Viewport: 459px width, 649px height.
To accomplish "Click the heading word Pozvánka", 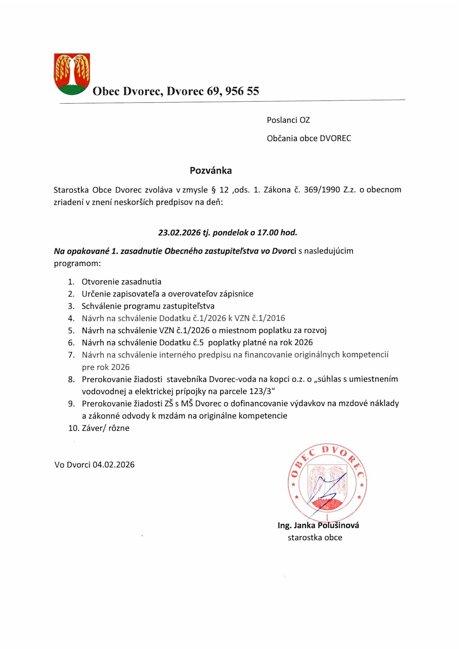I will point(211,171).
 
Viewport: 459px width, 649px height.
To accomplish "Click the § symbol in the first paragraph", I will point(214,190).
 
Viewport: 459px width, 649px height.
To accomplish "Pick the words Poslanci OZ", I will point(288,120).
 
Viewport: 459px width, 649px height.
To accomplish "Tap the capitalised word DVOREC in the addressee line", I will point(335,139).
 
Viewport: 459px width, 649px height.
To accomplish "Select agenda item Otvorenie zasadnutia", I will point(122,281).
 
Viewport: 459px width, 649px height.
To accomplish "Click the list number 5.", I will point(71,330).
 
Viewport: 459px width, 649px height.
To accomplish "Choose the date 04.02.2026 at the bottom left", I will point(113,465).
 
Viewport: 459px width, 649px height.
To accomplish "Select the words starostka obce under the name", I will point(315,537).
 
